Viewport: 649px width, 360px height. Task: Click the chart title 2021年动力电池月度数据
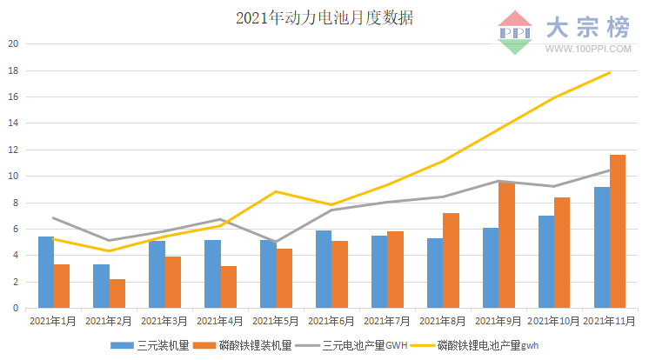pyautogui.click(x=324, y=18)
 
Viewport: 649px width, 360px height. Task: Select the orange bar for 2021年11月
pyautogui.click(x=618, y=231)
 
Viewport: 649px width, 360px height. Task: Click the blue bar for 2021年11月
pyautogui.click(x=601, y=248)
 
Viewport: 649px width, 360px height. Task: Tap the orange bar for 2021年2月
pyautogui.click(x=117, y=294)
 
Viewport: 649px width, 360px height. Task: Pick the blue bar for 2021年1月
pyautogui.click(x=45, y=272)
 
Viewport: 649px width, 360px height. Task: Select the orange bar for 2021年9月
pyautogui.click(x=506, y=245)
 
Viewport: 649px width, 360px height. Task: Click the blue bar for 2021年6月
pyautogui.click(x=324, y=269)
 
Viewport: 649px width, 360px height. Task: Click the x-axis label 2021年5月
pyautogui.click(x=276, y=322)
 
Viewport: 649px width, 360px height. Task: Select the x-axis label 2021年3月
pyautogui.click(x=164, y=322)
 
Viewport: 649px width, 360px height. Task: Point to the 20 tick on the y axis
pyautogui.click(x=11, y=43)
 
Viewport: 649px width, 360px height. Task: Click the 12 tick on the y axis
pyautogui.click(x=11, y=150)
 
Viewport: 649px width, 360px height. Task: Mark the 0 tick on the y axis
pyautogui.click(x=15, y=308)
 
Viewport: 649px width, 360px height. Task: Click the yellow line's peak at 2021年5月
pyautogui.click(x=276, y=191)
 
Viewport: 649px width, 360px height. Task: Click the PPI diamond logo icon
pyautogui.click(x=515, y=33)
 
